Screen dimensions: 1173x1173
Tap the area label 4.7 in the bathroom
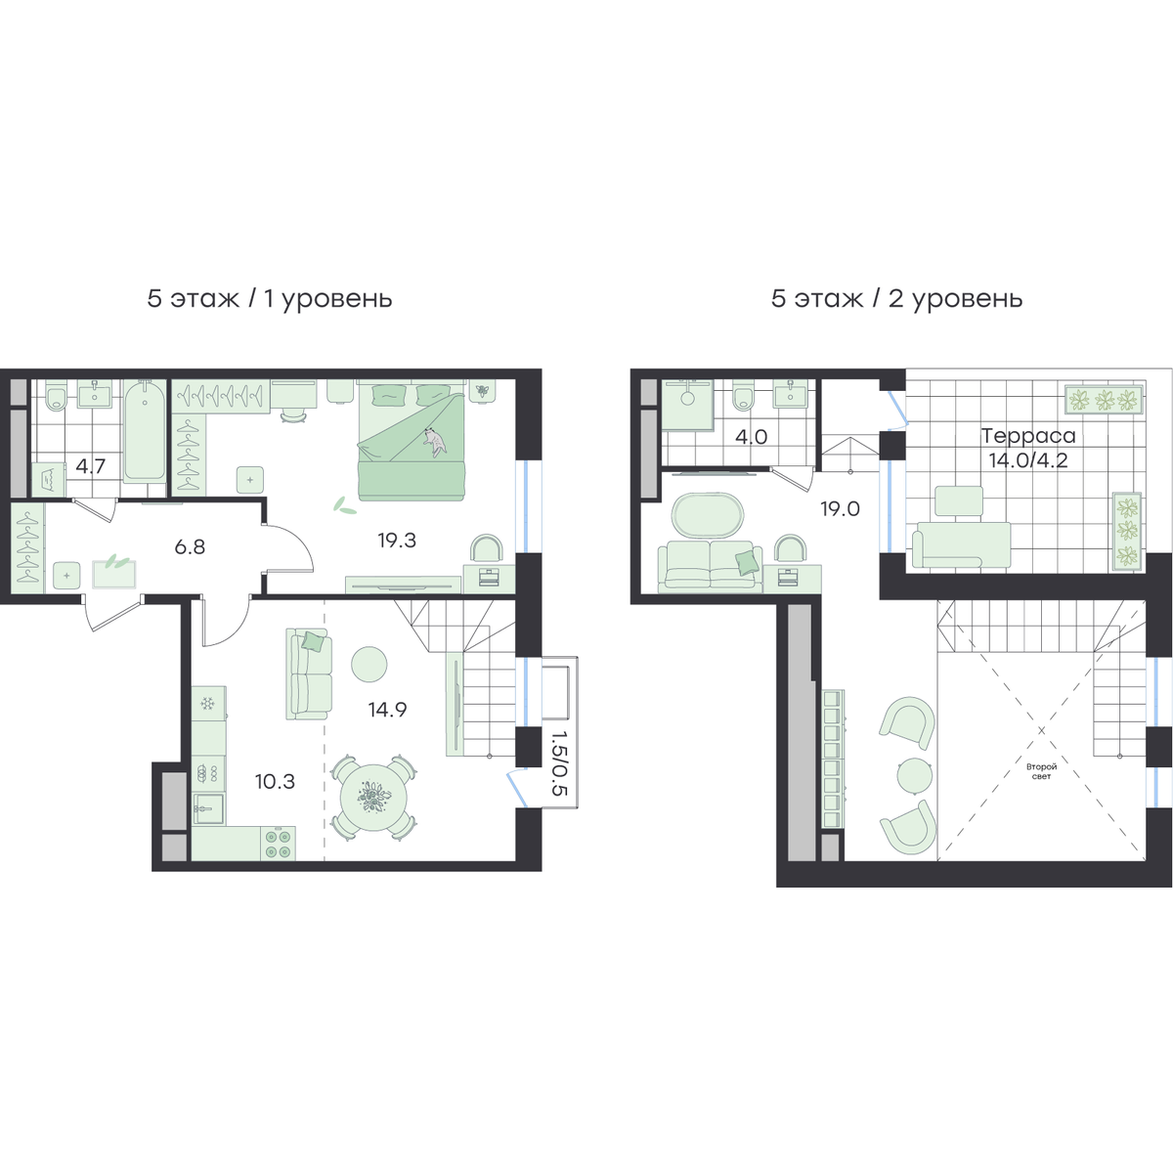[91, 466]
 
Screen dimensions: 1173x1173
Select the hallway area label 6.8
[190, 546]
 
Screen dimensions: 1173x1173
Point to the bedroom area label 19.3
[397, 540]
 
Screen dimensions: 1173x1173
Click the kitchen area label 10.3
[275, 781]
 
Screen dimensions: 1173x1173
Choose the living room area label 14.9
[388, 709]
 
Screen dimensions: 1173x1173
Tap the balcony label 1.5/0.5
[559, 764]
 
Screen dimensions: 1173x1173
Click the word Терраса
[1028, 436]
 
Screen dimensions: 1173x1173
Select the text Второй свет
[1041, 771]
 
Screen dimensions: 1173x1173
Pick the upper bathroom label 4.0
[751, 436]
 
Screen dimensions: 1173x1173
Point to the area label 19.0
[840, 508]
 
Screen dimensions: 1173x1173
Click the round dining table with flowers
[373, 798]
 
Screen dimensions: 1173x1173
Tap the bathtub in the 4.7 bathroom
[145, 430]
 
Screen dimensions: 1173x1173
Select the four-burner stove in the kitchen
[279, 843]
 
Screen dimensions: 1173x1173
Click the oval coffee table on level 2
[708, 515]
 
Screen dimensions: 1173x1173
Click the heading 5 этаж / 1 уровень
[270, 299]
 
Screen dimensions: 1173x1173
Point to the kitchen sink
[209, 808]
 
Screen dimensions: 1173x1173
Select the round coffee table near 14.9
[369, 664]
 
